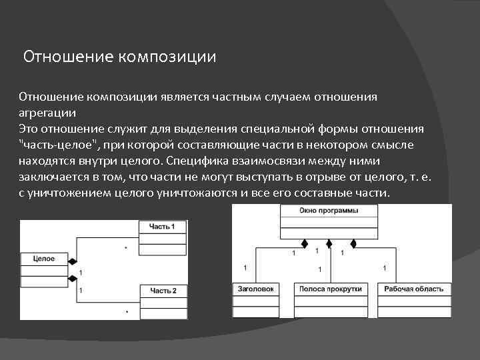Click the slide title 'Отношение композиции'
click(120, 57)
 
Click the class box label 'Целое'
click(43, 259)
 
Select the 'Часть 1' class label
click(163, 227)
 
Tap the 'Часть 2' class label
click(163, 291)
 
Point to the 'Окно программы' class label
click(329, 211)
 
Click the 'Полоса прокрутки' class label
click(331, 289)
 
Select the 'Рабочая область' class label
click(414, 289)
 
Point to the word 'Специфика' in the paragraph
click(194, 161)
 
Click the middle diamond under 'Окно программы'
click(329, 243)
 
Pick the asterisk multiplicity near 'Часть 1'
click(125, 248)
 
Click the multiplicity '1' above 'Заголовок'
click(245, 267)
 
